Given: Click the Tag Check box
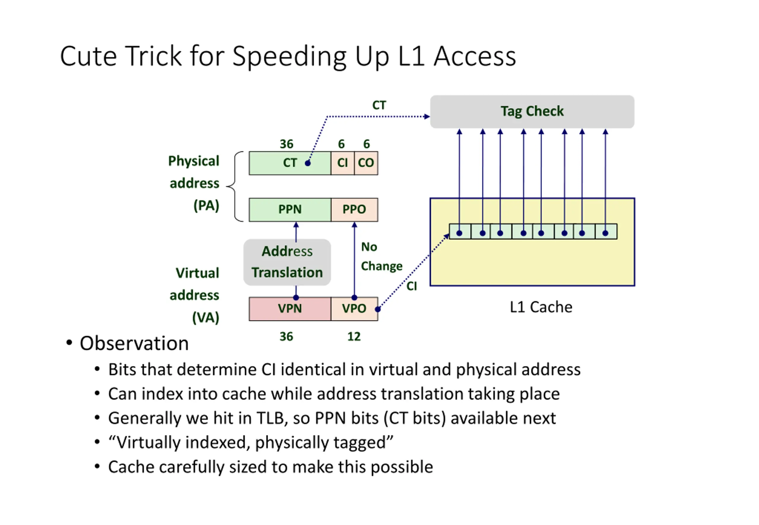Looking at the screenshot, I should (x=532, y=111).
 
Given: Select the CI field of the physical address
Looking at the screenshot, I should (x=342, y=163).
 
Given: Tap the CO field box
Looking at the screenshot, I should (x=366, y=163).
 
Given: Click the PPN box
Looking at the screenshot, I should (x=290, y=209).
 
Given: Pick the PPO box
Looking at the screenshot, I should (x=354, y=209).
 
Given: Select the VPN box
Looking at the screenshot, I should (x=290, y=308).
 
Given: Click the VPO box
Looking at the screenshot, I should (x=354, y=308).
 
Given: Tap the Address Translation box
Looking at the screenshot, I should (x=287, y=262).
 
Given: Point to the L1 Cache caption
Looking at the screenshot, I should (x=541, y=307).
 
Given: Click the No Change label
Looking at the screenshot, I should (x=381, y=256).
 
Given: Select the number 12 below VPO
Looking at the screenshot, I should (x=354, y=337).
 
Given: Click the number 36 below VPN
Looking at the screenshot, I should (x=286, y=337).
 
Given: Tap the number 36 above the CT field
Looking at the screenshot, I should (x=286, y=144).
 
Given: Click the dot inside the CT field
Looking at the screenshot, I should (x=308, y=163).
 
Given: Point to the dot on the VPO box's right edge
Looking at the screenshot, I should (x=378, y=309).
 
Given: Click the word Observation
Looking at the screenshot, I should (x=134, y=343).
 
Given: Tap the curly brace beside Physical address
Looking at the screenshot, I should (x=234, y=186).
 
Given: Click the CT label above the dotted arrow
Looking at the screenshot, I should (x=379, y=105).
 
